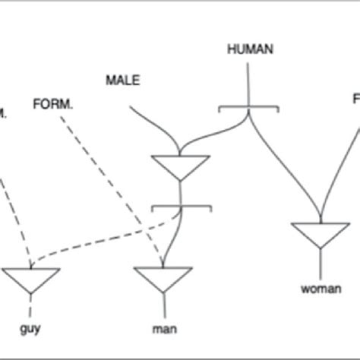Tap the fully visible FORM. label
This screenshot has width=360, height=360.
(x=53, y=101)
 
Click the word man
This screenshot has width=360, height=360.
(x=165, y=328)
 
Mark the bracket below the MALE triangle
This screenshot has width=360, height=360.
(x=180, y=206)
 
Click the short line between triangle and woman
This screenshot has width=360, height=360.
(x=320, y=264)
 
